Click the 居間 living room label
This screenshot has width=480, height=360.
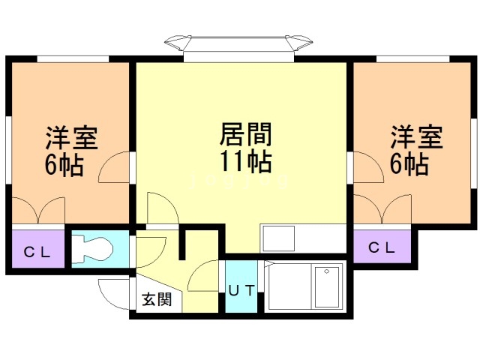tap(245, 134)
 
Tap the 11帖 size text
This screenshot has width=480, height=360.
tap(245, 161)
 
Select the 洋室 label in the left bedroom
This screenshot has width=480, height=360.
tap(72, 137)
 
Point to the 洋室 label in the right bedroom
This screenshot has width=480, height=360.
tap(417, 136)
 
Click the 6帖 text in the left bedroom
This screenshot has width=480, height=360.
tap(64, 165)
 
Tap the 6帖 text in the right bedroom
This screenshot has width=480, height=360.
tap(409, 163)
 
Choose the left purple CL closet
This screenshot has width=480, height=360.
tap(38, 248)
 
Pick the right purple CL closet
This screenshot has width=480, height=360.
tap(382, 247)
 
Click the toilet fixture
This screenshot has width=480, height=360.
tap(92, 249)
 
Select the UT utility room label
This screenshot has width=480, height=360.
tap(241, 290)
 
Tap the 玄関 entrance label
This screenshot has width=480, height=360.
tap(157, 299)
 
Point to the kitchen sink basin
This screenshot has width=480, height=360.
tap(278, 238)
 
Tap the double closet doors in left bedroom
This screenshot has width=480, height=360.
tap(38, 211)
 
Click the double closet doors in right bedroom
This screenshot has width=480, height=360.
tap(382, 209)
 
